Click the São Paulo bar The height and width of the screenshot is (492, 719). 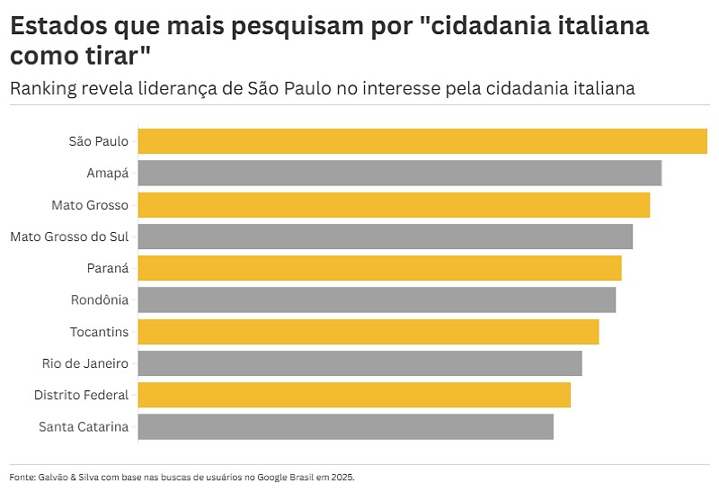click(422, 141)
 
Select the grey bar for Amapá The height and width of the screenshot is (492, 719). click(400, 173)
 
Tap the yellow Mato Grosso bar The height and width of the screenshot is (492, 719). click(394, 205)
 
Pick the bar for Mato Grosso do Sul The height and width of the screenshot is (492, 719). click(386, 237)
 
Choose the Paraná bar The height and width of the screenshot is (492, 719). click(379, 268)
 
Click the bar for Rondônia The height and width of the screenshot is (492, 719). click(377, 300)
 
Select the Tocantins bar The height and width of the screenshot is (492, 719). click(368, 332)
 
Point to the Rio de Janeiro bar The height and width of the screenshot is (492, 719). click(359, 363)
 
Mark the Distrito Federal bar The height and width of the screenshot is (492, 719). click(354, 395)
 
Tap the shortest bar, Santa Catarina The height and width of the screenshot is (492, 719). click(346, 426)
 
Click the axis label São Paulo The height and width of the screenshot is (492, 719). click(99, 141)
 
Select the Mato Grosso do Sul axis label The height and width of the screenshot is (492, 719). click(69, 237)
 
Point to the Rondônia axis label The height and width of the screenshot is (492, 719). click(100, 300)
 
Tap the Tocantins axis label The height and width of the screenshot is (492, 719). click(99, 332)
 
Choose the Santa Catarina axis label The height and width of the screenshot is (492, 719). click(84, 426)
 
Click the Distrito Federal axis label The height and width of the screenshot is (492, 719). click(81, 395)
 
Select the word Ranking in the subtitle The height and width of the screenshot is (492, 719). click(44, 88)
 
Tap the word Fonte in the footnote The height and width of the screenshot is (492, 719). click(21, 477)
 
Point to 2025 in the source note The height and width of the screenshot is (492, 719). click(342, 477)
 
